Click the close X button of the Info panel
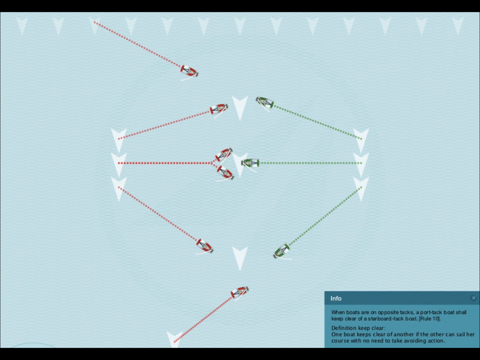tap(473, 298)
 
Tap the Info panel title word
tap(336, 299)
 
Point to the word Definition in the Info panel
tap(344, 328)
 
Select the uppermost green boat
tap(265, 103)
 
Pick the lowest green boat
tap(282, 252)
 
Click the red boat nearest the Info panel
tap(240, 293)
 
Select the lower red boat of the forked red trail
tap(225, 173)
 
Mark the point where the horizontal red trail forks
tap(212, 163)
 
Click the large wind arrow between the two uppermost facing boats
tap(240, 107)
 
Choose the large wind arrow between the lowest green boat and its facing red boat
tap(240, 258)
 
